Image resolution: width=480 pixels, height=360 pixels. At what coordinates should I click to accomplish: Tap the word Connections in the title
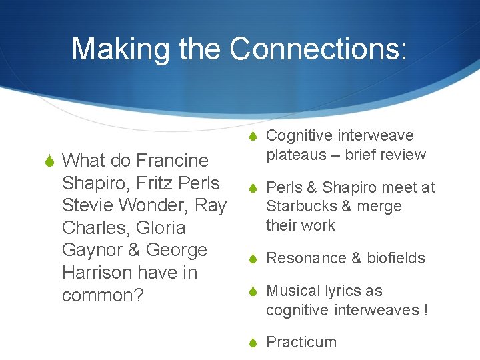(317, 49)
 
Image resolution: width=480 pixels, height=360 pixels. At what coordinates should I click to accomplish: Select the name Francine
(172, 161)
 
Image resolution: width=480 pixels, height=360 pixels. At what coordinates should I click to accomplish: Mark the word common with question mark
(103, 295)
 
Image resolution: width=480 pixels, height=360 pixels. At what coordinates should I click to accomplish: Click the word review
(403, 155)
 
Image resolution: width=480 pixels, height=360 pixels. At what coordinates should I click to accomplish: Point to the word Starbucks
(301, 207)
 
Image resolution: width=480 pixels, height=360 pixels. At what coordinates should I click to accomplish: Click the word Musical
(292, 291)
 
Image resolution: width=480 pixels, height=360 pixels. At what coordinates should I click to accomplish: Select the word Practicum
(301, 342)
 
